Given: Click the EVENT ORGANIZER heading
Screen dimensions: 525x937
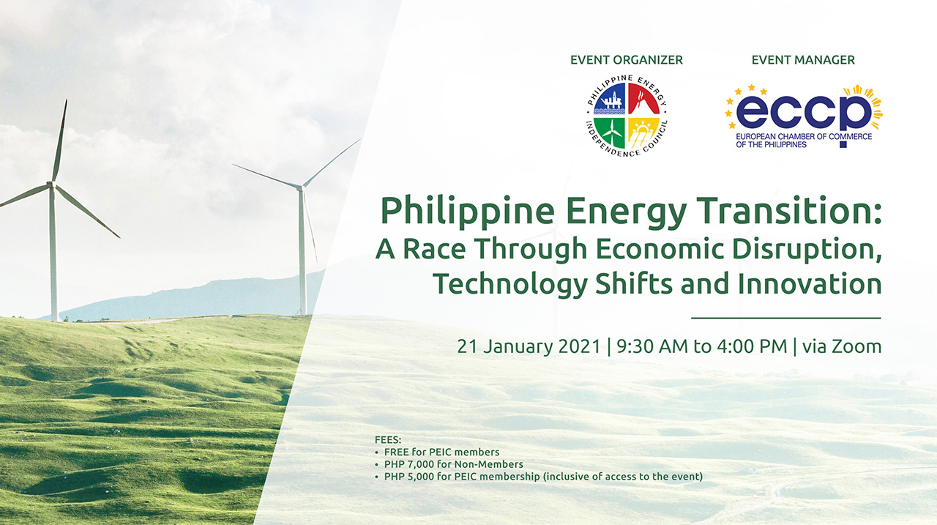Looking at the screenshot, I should (626, 60).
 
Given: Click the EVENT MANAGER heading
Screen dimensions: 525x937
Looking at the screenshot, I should (803, 60).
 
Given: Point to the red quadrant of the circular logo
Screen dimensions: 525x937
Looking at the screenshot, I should (643, 100).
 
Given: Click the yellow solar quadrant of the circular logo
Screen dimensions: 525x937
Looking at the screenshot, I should (643, 133).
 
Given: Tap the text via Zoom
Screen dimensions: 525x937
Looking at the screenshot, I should (842, 346).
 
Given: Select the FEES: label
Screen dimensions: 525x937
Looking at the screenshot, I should (388, 441).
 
